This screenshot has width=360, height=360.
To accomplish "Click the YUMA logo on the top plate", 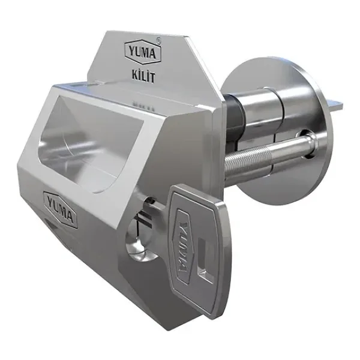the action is point(143,52).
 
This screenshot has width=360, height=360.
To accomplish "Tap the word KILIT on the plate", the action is point(143,77).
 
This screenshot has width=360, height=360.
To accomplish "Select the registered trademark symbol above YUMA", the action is point(160,40).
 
